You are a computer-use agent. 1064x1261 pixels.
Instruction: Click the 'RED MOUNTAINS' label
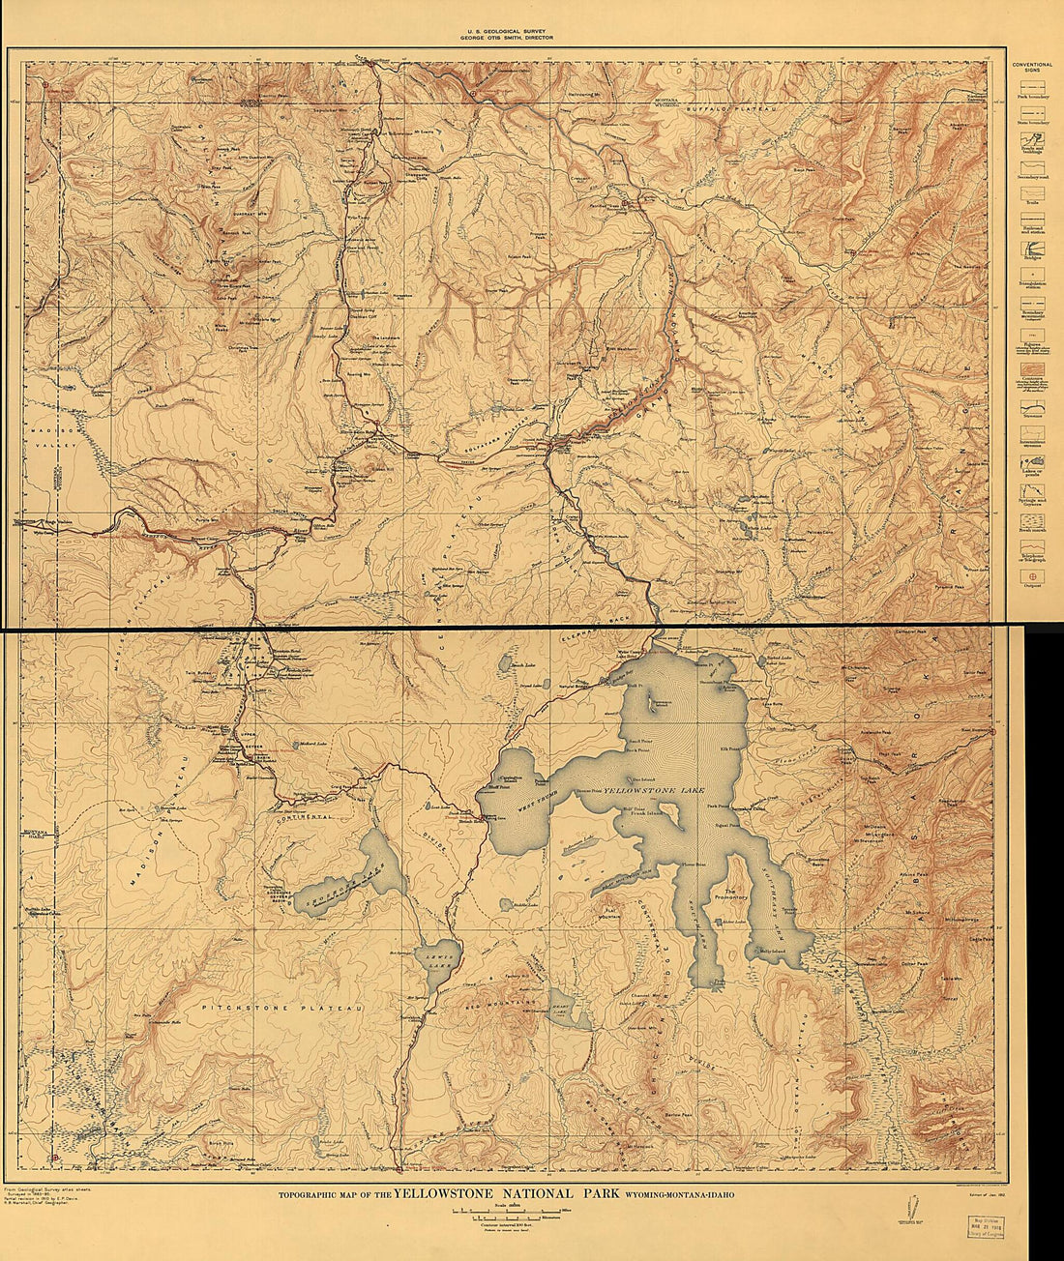click(x=503, y=1005)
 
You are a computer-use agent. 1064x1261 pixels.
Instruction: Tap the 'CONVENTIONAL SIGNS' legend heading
click(x=1032, y=68)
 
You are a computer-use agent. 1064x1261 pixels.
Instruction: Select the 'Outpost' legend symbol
click(x=1032, y=577)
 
